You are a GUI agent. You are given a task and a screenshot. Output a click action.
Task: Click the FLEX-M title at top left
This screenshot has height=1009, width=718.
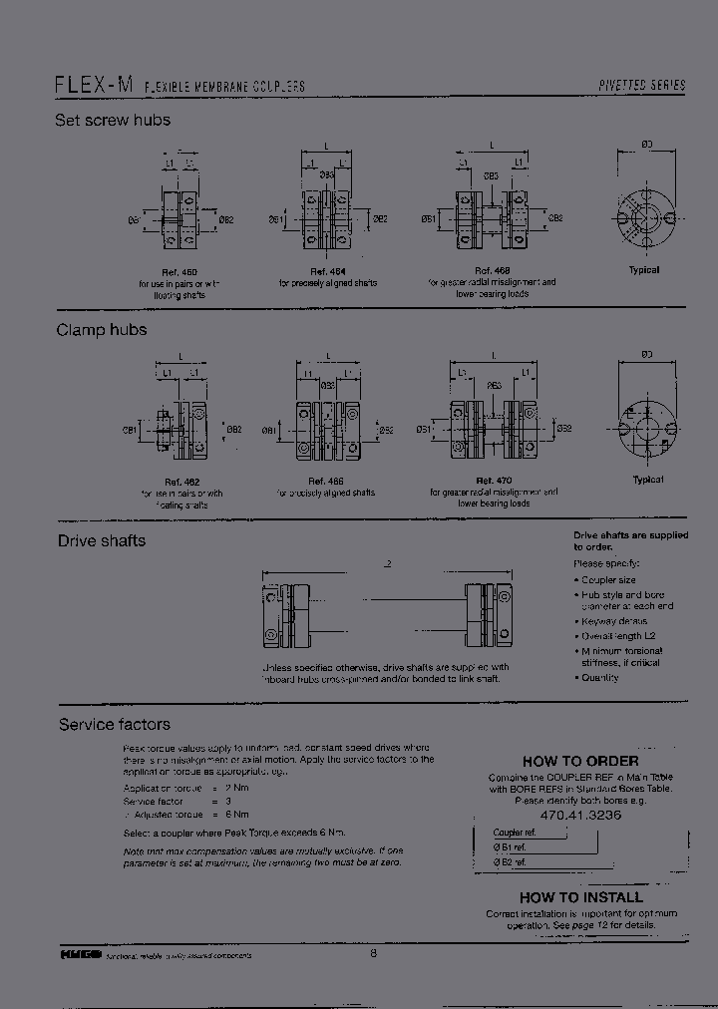point(93,86)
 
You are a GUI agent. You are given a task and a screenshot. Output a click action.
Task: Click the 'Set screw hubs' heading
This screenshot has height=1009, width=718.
point(113,121)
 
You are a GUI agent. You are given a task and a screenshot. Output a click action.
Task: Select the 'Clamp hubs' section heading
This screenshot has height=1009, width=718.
point(101,330)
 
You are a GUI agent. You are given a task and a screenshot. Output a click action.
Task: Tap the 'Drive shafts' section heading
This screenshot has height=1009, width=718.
point(101,541)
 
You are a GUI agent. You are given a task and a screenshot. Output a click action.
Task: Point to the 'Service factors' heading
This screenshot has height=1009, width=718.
point(114,725)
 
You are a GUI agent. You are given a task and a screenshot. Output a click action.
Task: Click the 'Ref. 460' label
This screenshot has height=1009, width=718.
point(180,272)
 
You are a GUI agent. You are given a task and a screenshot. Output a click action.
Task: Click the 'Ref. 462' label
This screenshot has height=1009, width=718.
point(180,482)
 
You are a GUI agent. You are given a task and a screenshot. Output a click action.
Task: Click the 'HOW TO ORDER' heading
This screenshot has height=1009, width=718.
point(579,761)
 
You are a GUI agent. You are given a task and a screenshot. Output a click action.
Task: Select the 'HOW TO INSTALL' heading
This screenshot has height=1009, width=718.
point(580,897)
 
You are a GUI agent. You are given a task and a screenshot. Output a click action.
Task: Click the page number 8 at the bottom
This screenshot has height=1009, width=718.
point(373,953)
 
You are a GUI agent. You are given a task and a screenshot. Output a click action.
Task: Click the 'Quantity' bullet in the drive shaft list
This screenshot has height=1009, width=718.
point(598,678)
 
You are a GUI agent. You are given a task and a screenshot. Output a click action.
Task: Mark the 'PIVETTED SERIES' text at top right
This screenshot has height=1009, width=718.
point(641,87)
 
